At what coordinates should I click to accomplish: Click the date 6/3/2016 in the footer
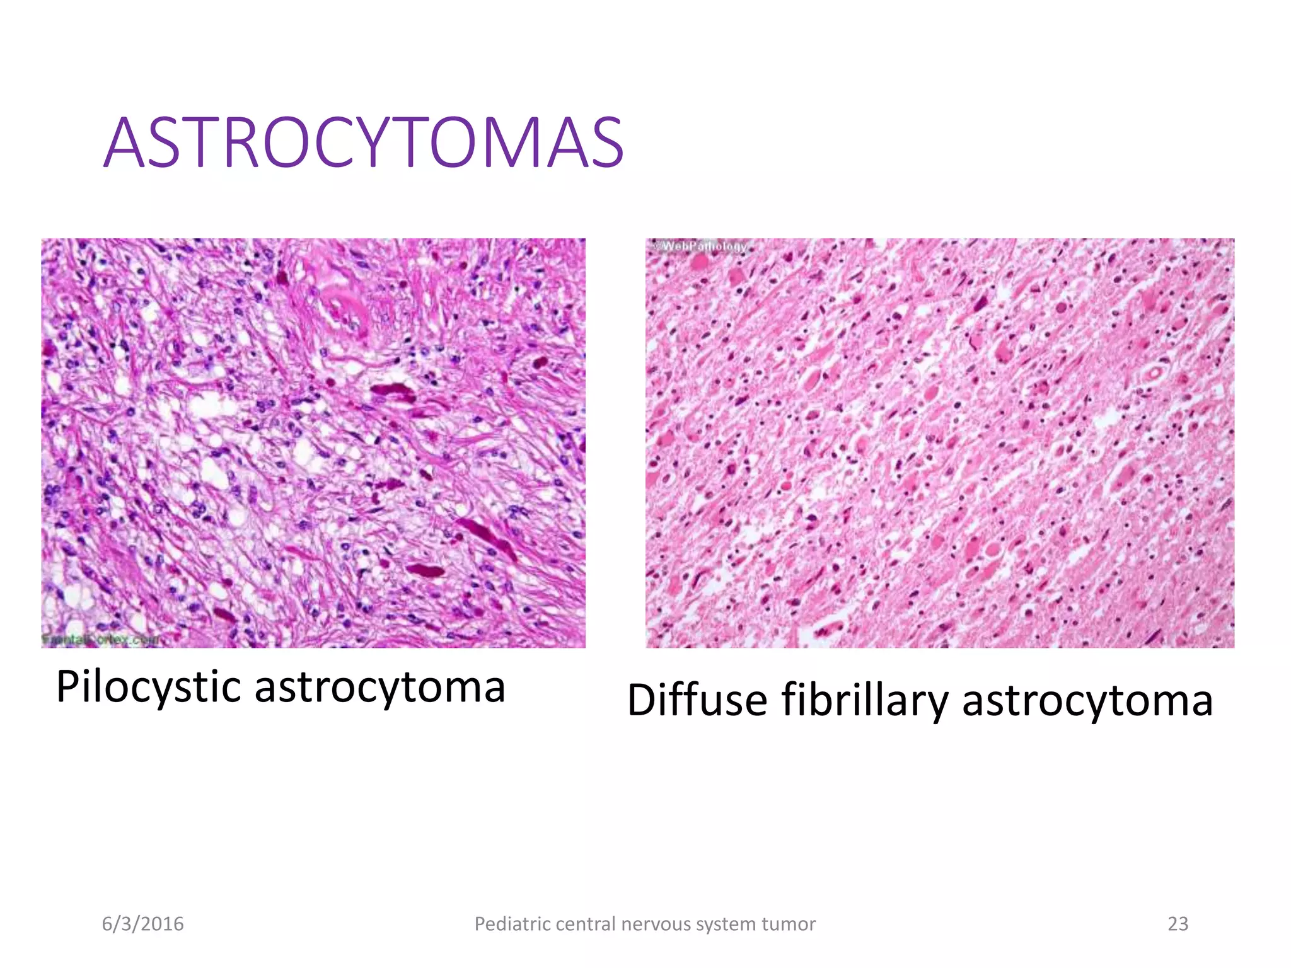click(143, 924)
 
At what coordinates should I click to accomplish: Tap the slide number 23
click(1178, 924)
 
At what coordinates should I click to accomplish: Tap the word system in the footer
click(724, 924)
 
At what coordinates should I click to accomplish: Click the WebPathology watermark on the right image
click(702, 246)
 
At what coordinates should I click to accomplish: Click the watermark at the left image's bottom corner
click(101, 640)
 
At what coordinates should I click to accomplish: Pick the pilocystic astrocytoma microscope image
click(313, 442)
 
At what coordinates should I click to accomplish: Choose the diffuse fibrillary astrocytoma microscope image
click(939, 442)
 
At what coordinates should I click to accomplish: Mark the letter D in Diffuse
click(644, 700)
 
